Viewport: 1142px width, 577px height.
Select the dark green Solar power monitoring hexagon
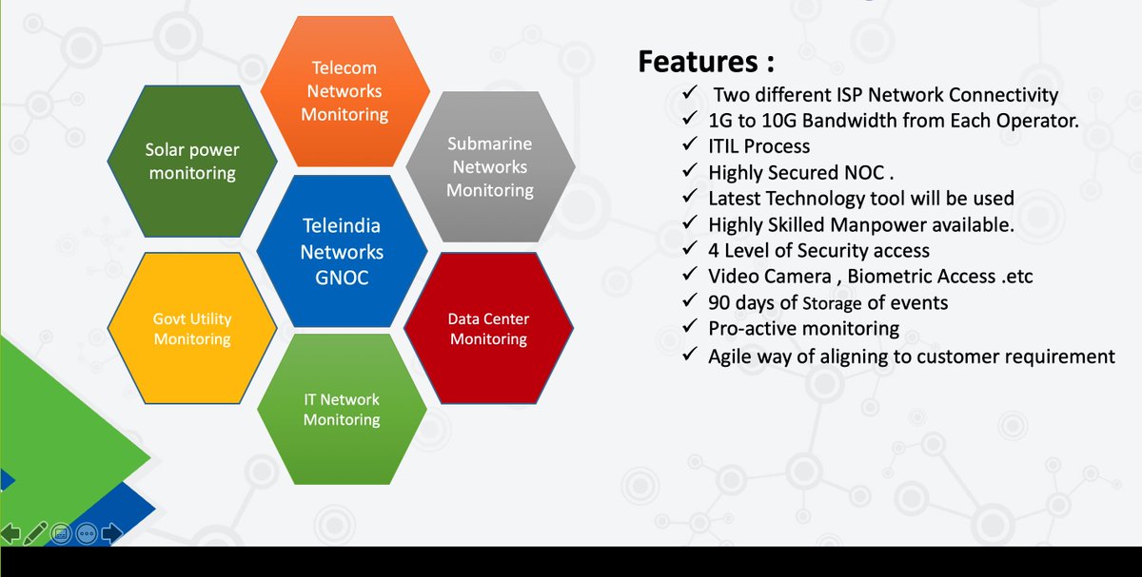click(192, 161)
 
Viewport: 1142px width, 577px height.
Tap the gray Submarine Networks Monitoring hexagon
click(490, 166)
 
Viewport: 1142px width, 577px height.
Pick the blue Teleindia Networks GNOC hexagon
click(342, 252)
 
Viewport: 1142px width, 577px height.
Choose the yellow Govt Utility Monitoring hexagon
click(192, 329)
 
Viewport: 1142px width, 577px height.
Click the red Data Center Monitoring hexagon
click(488, 329)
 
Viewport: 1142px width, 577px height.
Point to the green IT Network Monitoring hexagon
click(342, 410)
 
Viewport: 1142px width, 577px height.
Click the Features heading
click(705, 63)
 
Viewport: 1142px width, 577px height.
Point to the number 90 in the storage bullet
click(720, 303)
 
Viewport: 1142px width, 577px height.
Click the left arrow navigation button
click(11, 533)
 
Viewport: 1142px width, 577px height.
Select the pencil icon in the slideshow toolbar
click(36, 533)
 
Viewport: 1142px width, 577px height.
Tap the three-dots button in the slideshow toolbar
click(86, 533)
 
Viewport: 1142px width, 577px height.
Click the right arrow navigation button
click(111, 533)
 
